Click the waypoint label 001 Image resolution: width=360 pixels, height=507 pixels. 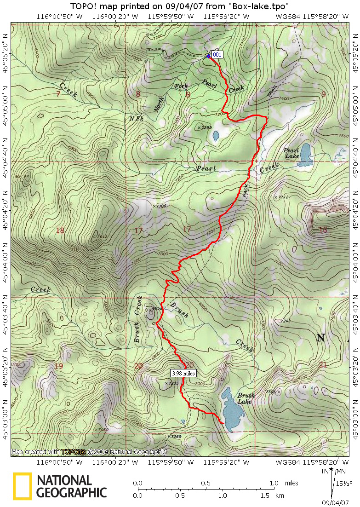click(217, 54)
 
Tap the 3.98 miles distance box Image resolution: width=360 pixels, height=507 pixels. click(183, 373)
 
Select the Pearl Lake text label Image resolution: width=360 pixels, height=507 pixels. click(291, 154)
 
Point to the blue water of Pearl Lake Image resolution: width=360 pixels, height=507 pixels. click(305, 155)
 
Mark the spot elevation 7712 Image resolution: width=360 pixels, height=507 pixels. click(281, 197)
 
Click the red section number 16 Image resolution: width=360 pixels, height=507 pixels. click(323, 230)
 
